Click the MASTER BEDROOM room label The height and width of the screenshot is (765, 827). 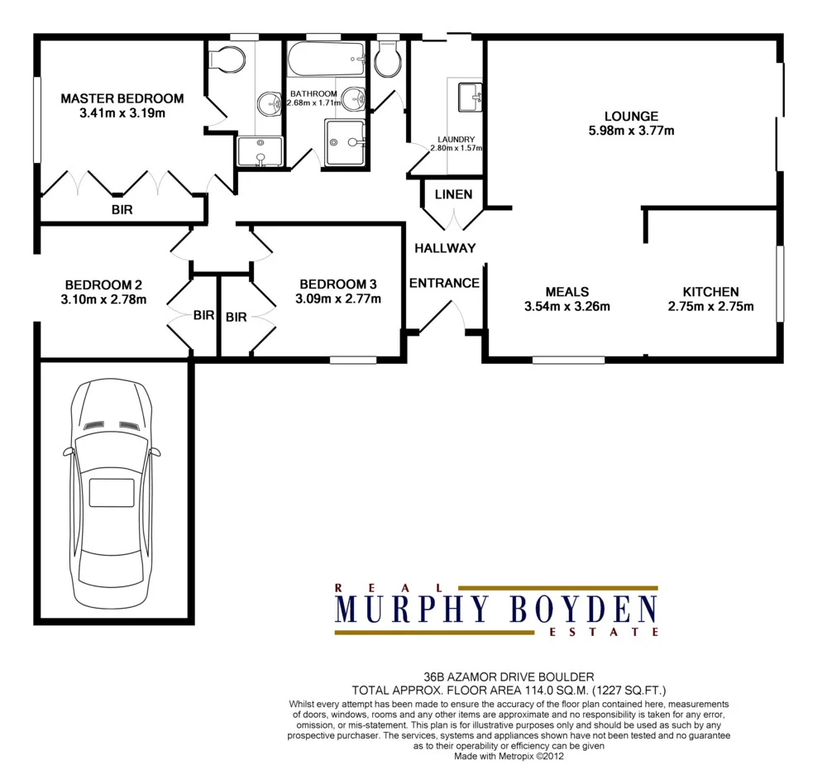point(122,98)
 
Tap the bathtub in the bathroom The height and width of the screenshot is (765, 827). point(326,60)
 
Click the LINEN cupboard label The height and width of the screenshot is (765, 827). point(454,194)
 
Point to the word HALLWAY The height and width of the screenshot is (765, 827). point(445,248)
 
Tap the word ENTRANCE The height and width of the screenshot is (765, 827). point(444,283)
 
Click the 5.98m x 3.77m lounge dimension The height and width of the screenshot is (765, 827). point(631,131)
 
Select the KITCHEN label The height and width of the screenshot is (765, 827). point(710,292)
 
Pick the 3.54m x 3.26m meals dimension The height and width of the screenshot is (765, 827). point(567,307)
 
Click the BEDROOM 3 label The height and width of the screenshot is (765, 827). point(338,283)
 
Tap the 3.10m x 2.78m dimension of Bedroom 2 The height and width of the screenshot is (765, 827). point(104,299)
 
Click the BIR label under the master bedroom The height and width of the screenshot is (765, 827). point(122,210)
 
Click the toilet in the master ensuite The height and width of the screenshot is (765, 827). point(227,60)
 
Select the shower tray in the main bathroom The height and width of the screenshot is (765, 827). point(346,142)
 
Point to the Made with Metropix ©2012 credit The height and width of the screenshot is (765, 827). point(509,756)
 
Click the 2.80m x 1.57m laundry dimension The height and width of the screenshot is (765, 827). point(456,148)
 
